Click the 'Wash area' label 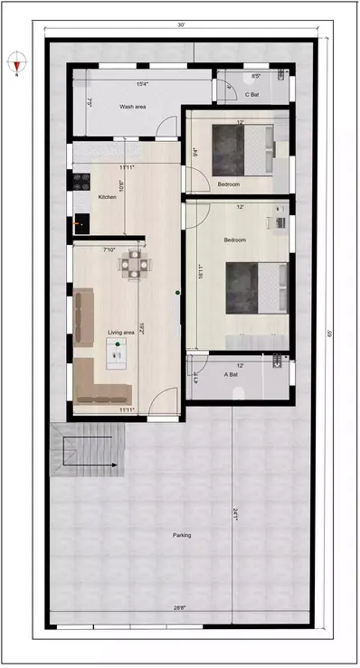[133, 107]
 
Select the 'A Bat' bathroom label [231, 373]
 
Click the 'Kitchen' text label [108, 198]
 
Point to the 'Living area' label [121, 333]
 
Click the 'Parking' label [182, 535]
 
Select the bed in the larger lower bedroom [257, 287]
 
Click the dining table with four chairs [136, 263]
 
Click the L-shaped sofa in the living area [100, 384]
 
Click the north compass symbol [16, 62]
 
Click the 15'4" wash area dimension [142, 84]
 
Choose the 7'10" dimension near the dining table [109, 249]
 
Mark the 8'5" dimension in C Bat [256, 77]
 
